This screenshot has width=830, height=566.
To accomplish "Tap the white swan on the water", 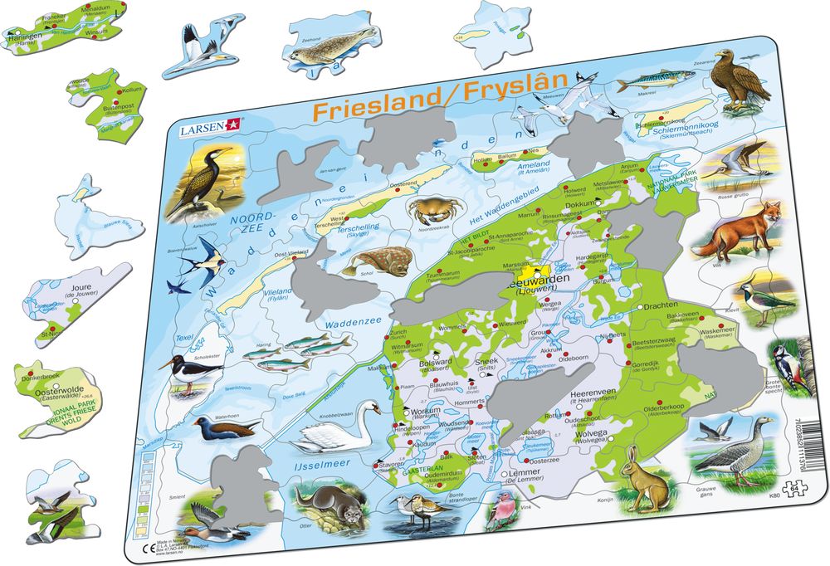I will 337,430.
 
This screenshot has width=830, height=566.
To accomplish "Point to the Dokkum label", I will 582,204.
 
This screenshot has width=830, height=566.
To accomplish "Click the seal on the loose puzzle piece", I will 320,54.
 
